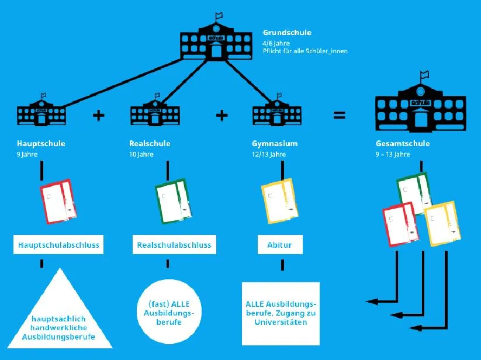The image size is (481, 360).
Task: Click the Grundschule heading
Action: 287,33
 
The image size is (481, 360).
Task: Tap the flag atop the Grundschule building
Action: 219,15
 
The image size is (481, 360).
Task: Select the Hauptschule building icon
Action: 41,110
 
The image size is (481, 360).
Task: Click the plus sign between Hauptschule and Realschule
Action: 98,116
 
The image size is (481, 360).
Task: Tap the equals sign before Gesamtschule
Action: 340,115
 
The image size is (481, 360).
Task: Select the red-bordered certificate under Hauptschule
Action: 58,201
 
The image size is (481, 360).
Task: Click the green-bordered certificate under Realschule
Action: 174,201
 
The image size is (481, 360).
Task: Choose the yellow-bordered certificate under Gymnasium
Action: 279,201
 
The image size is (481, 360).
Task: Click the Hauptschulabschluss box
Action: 58,245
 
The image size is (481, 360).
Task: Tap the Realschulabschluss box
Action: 174,245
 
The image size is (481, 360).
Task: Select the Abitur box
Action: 280,245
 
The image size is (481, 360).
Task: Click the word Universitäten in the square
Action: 281,322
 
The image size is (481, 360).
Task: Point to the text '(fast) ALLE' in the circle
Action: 169,304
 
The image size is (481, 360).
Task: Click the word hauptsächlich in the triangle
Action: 58,319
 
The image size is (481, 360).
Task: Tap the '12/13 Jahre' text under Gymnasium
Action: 269,154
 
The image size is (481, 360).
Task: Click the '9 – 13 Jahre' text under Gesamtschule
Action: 393,154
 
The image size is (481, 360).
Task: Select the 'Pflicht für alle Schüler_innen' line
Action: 305,51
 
